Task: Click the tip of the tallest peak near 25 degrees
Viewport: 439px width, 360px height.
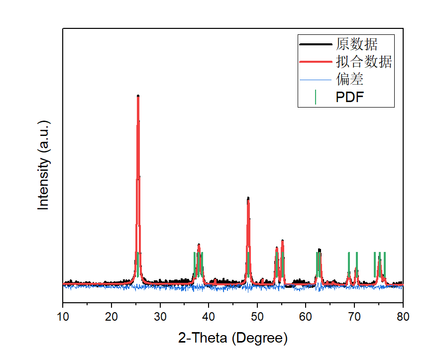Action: pyautogui.click(x=138, y=96)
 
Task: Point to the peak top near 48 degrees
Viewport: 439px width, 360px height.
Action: pyautogui.click(x=248, y=198)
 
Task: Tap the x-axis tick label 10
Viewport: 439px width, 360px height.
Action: pyautogui.click(x=63, y=316)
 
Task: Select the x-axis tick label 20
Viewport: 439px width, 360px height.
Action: pyautogui.click(x=111, y=316)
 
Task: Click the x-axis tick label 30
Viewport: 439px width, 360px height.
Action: pyautogui.click(x=160, y=316)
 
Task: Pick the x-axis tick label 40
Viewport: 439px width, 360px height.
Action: pyautogui.click(x=209, y=316)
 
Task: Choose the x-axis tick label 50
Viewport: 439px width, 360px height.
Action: pyautogui.click(x=257, y=316)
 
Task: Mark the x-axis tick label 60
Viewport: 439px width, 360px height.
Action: pyautogui.click(x=306, y=316)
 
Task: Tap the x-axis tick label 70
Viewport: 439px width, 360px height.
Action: pyautogui.click(x=354, y=316)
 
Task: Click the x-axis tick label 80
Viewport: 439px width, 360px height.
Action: pyautogui.click(x=403, y=316)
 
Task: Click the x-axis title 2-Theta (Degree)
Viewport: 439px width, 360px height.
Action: pyautogui.click(x=233, y=339)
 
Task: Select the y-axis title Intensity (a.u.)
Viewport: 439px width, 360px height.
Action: pyautogui.click(x=44, y=165)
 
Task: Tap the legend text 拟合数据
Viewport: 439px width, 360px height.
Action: pyautogui.click(x=364, y=62)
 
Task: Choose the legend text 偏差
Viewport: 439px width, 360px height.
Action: pyautogui.click(x=349, y=79)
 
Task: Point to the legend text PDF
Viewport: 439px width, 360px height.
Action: pyautogui.click(x=350, y=97)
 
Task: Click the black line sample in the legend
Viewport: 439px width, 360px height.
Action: pyautogui.click(x=316, y=44)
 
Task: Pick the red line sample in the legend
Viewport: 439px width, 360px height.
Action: pyautogui.click(x=316, y=62)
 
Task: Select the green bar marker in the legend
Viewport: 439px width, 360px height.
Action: pyautogui.click(x=316, y=97)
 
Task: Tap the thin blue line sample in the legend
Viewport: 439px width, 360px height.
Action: pyautogui.click(x=316, y=79)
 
